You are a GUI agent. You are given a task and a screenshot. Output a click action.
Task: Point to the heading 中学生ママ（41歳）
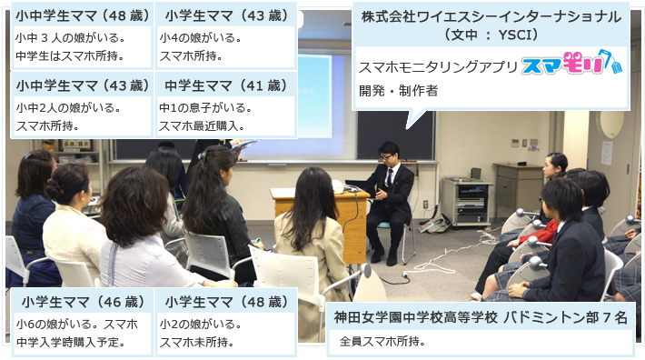pos(225,86)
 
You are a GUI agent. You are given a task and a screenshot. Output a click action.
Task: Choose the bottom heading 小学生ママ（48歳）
pos(225,302)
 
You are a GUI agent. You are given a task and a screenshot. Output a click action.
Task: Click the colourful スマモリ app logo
pos(571,66)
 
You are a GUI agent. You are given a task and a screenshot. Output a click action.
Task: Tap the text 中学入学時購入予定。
pos(70,343)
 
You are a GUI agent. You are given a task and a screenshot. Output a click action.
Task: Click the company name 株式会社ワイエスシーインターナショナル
pos(491,16)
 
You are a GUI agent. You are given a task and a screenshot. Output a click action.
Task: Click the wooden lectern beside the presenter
pos(350,224)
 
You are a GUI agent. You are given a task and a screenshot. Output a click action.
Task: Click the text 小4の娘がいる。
pos(200,38)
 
